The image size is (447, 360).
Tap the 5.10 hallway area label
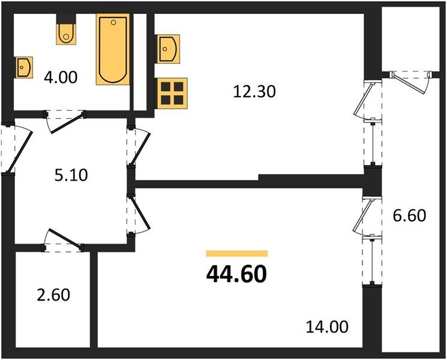coord(70,176)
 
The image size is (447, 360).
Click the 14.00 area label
coord(325,328)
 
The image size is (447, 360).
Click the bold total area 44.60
coord(236,274)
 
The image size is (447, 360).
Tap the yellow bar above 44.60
coord(236,254)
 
